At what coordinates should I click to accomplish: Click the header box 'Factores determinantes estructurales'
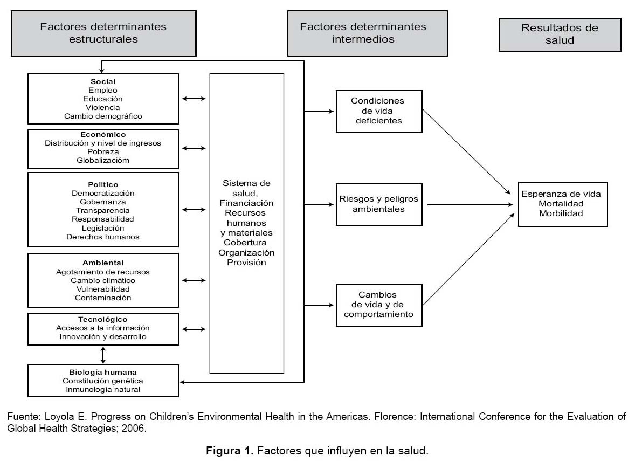coord(103,33)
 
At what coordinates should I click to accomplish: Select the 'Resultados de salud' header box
coord(560,35)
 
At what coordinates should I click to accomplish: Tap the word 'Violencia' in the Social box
coord(103,107)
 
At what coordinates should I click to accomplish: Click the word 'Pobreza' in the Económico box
coord(103,152)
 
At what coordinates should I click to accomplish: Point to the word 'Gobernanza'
coord(103,202)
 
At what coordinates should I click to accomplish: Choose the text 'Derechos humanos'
coord(103,237)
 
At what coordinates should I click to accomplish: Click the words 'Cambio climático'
coord(103,280)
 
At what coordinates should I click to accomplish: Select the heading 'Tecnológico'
coord(103,319)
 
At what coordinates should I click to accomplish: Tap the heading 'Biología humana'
coord(103,372)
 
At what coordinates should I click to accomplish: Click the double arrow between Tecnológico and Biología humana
coord(103,355)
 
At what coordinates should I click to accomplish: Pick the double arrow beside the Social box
coord(194,99)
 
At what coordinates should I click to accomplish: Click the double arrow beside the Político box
coord(194,210)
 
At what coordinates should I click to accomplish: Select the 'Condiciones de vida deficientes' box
coord(379,111)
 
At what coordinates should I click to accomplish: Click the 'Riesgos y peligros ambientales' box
coord(379,204)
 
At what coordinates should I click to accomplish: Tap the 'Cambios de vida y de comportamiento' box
coord(379,305)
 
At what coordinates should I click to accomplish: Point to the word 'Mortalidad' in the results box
coord(561,204)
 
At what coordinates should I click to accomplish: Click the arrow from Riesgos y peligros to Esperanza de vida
coord(470,205)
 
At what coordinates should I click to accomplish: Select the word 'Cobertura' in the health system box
coord(245,243)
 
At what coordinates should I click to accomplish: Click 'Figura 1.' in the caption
coord(230,451)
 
